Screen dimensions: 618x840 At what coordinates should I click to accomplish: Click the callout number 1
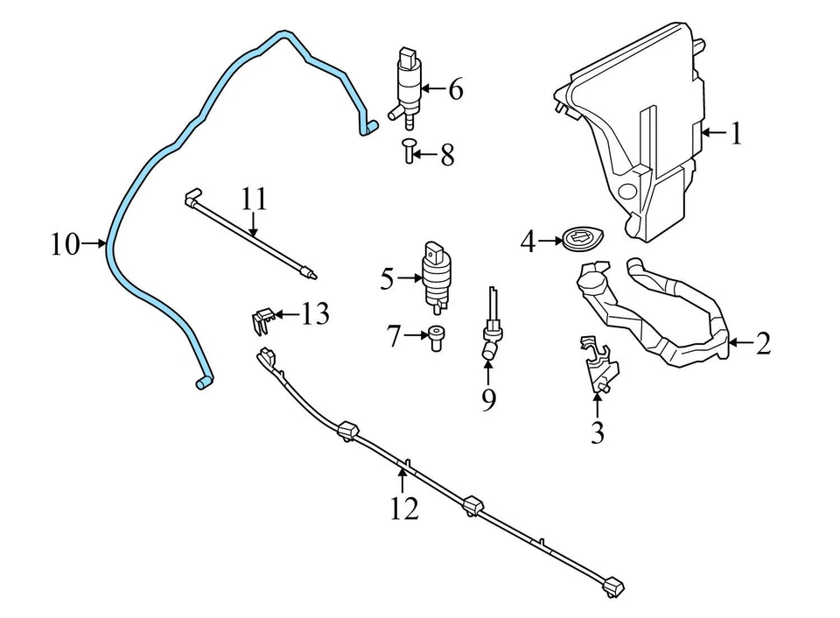pyautogui.click(x=736, y=134)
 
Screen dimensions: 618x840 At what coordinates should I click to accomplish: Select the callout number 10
pyautogui.click(x=65, y=244)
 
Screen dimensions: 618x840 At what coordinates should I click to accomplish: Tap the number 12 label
pyautogui.click(x=403, y=508)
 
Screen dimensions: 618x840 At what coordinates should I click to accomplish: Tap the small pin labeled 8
pyautogui.click(x=408, y=150)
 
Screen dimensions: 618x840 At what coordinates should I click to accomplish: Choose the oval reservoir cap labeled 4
pyautogui.click(x=579, y=239)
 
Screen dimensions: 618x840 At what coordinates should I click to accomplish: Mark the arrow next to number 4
pyautogui.click(x=549, y=240)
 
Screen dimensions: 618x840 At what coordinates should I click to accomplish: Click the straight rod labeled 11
pyautogui.click(x=249, y=236)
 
